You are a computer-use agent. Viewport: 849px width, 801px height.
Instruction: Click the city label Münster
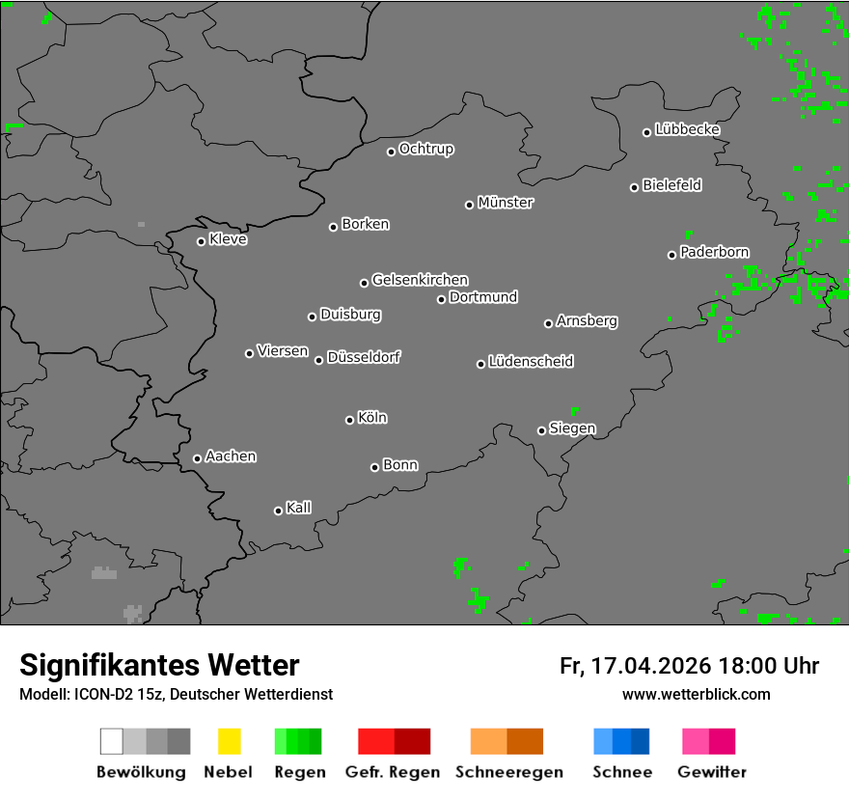(x=506, y=203)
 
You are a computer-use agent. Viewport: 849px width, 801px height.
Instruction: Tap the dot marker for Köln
(x=349, y=420)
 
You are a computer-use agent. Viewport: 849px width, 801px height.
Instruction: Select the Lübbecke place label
(x=687, y=129)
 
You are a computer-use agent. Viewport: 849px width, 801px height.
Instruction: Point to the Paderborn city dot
(x=671, y=255)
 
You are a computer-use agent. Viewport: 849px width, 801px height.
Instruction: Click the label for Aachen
(x=231, y=456)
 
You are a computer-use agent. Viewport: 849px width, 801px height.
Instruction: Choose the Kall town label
(x=299, y=508)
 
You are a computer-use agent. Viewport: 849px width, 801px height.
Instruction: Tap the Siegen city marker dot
(x=541, y=430)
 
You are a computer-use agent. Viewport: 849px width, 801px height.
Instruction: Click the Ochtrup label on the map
(x=426, y=149)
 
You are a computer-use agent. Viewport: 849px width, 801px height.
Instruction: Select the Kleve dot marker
(x=201, y=241)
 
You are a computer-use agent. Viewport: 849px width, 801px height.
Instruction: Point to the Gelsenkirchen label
(x=420, y=280)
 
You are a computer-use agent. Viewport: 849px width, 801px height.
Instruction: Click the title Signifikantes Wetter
(x=159, y=665)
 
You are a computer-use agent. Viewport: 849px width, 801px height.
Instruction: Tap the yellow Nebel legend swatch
(x=229, y=741)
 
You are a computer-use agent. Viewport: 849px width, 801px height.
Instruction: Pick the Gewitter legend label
(x=712, y=772)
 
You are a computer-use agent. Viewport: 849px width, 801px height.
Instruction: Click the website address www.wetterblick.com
(x=696, y=694)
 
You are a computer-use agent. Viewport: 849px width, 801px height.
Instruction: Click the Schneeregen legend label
(x=509, y=772)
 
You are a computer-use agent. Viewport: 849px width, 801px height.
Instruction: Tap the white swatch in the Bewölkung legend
(x=112, y=741)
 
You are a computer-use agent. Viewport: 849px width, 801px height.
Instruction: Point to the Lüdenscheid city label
(x=531, y=362)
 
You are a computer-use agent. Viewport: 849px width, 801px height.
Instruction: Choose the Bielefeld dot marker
(x=635, y=187)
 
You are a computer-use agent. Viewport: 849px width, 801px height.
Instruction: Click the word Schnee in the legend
(x=622, y=772)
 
